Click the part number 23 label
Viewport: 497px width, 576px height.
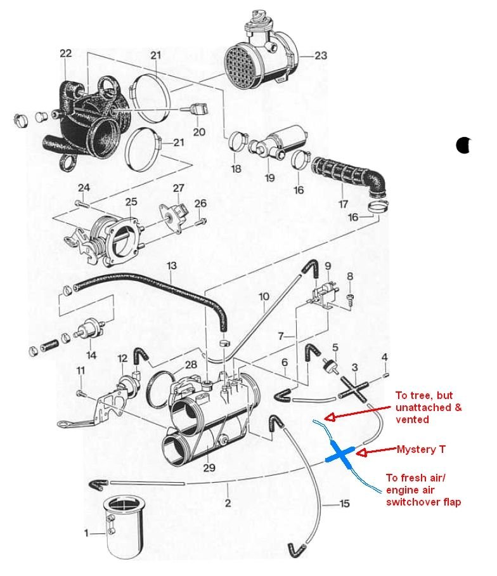coord(321,55)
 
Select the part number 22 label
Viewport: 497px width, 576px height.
coord(66,53)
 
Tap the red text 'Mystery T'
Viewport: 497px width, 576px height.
coord(421,449)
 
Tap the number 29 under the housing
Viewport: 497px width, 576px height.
coord(210,468)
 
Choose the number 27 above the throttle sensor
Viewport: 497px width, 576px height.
coord(178,188)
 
